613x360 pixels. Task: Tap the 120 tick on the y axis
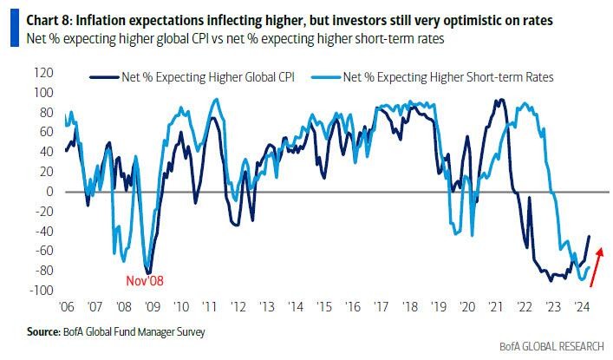click(x=44, y=72)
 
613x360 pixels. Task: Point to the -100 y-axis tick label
click(x=42, y=291)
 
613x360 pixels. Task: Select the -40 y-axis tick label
click(x=44, y=231)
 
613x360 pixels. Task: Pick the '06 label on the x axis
click(x=66, y=307)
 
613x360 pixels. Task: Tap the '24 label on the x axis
click(x=581, y=307)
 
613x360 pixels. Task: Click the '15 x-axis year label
click(x=324, y=307)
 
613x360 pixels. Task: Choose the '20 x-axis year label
click(x=467, y=307)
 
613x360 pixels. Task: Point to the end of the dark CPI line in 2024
click(x=590, y=236)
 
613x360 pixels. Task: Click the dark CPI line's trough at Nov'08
click(x=149, y=272)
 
